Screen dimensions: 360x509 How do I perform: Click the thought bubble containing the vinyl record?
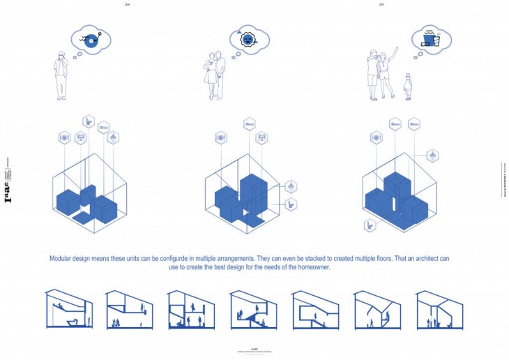click(91, 41)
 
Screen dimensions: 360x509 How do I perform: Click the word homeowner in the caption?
click(310, 267)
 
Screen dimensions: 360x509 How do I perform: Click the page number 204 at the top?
click(128, 3)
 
